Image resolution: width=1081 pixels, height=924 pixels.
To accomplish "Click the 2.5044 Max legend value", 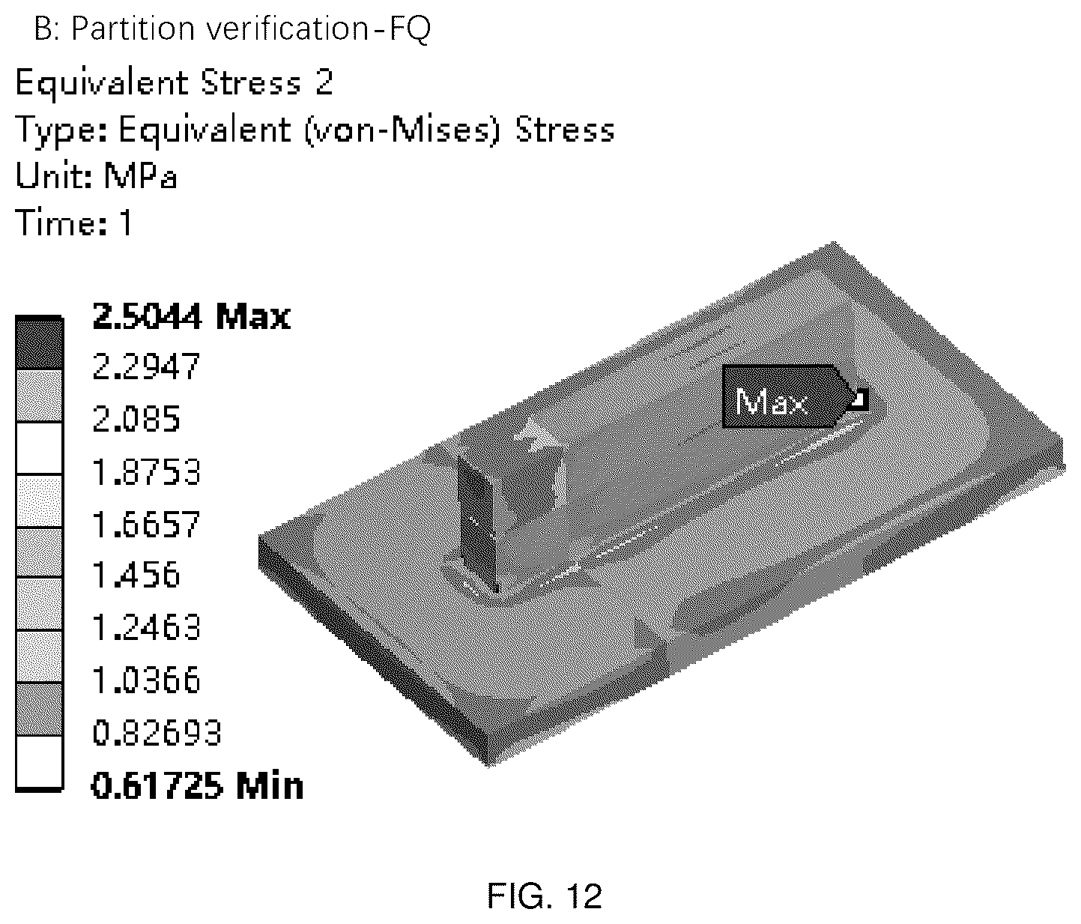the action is (x=191, y=316).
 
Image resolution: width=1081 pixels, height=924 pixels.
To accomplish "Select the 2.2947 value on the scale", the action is (x=146, y=366).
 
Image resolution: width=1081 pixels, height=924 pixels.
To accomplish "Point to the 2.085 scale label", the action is (x=136, y=419).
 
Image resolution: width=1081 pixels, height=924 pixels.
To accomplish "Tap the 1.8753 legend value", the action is (x=146, y=471).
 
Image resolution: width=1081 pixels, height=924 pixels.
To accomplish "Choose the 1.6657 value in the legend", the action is (x=146, y=524).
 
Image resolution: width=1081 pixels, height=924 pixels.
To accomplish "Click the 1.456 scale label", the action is (x=136, y=575).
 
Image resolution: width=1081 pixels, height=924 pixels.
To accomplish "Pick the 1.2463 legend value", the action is (x=146, y=627).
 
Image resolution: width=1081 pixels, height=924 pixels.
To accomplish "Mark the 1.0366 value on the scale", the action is (x=146, y=680).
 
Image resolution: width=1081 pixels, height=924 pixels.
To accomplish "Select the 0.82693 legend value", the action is (x=157, y=732).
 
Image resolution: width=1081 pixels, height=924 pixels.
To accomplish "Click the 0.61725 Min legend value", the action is (x=198, y=785).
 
